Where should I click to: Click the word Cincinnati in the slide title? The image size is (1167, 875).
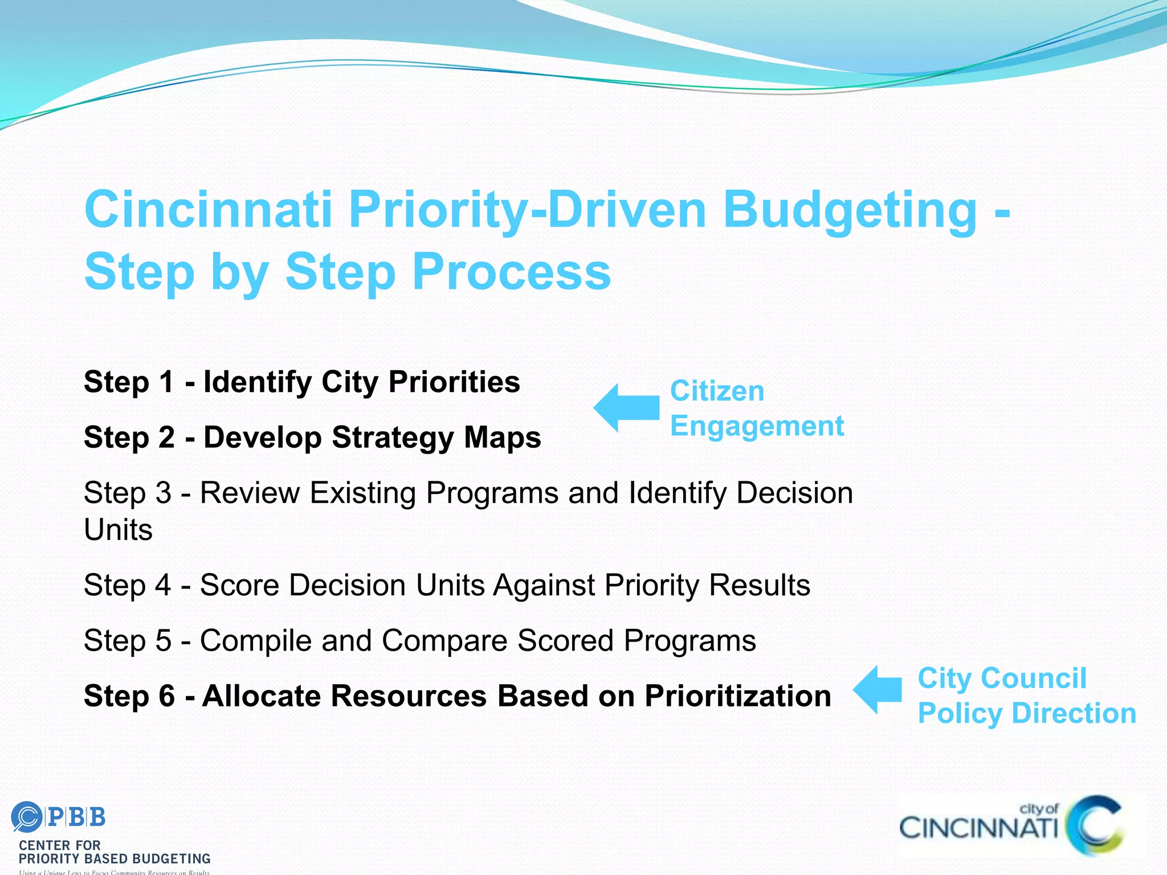click(208, 209)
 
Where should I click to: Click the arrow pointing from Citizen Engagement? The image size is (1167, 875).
click(627, 407)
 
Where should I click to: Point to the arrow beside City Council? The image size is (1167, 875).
click(878, 689)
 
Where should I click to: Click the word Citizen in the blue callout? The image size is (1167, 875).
click(717, 391)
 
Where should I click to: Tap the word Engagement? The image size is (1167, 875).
click(757, 426)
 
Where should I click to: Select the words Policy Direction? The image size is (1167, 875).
click(1026, 713)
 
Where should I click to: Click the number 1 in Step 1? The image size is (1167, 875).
click(166, 382)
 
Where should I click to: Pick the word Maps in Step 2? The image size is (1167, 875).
click(502, 437)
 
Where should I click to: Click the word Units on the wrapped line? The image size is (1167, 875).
click(118, 530)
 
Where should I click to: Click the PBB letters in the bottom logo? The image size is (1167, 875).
click(76, 817)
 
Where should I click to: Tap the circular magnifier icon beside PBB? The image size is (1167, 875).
click(26, 817)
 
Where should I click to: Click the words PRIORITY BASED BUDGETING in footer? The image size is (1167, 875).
click(115, 858)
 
